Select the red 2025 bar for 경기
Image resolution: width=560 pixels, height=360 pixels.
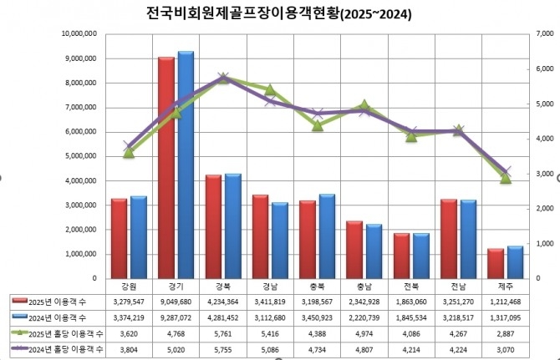click(166, 167)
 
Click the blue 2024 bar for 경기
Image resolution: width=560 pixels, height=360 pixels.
click(186, 165)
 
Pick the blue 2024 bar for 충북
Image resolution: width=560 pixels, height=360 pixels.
click(328, 236)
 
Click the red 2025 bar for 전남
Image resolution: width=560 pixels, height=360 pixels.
click(449, 239)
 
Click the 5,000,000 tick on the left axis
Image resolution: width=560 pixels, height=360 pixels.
click(83, 156)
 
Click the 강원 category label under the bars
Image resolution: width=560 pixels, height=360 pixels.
click(129, 286)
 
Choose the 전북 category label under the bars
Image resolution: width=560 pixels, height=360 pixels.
click(411, 286)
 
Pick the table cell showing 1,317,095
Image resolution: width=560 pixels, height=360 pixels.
click(506, 317)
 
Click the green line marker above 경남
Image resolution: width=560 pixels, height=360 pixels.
click(270, 89)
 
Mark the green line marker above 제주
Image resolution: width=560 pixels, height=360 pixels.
click(506, 178)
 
